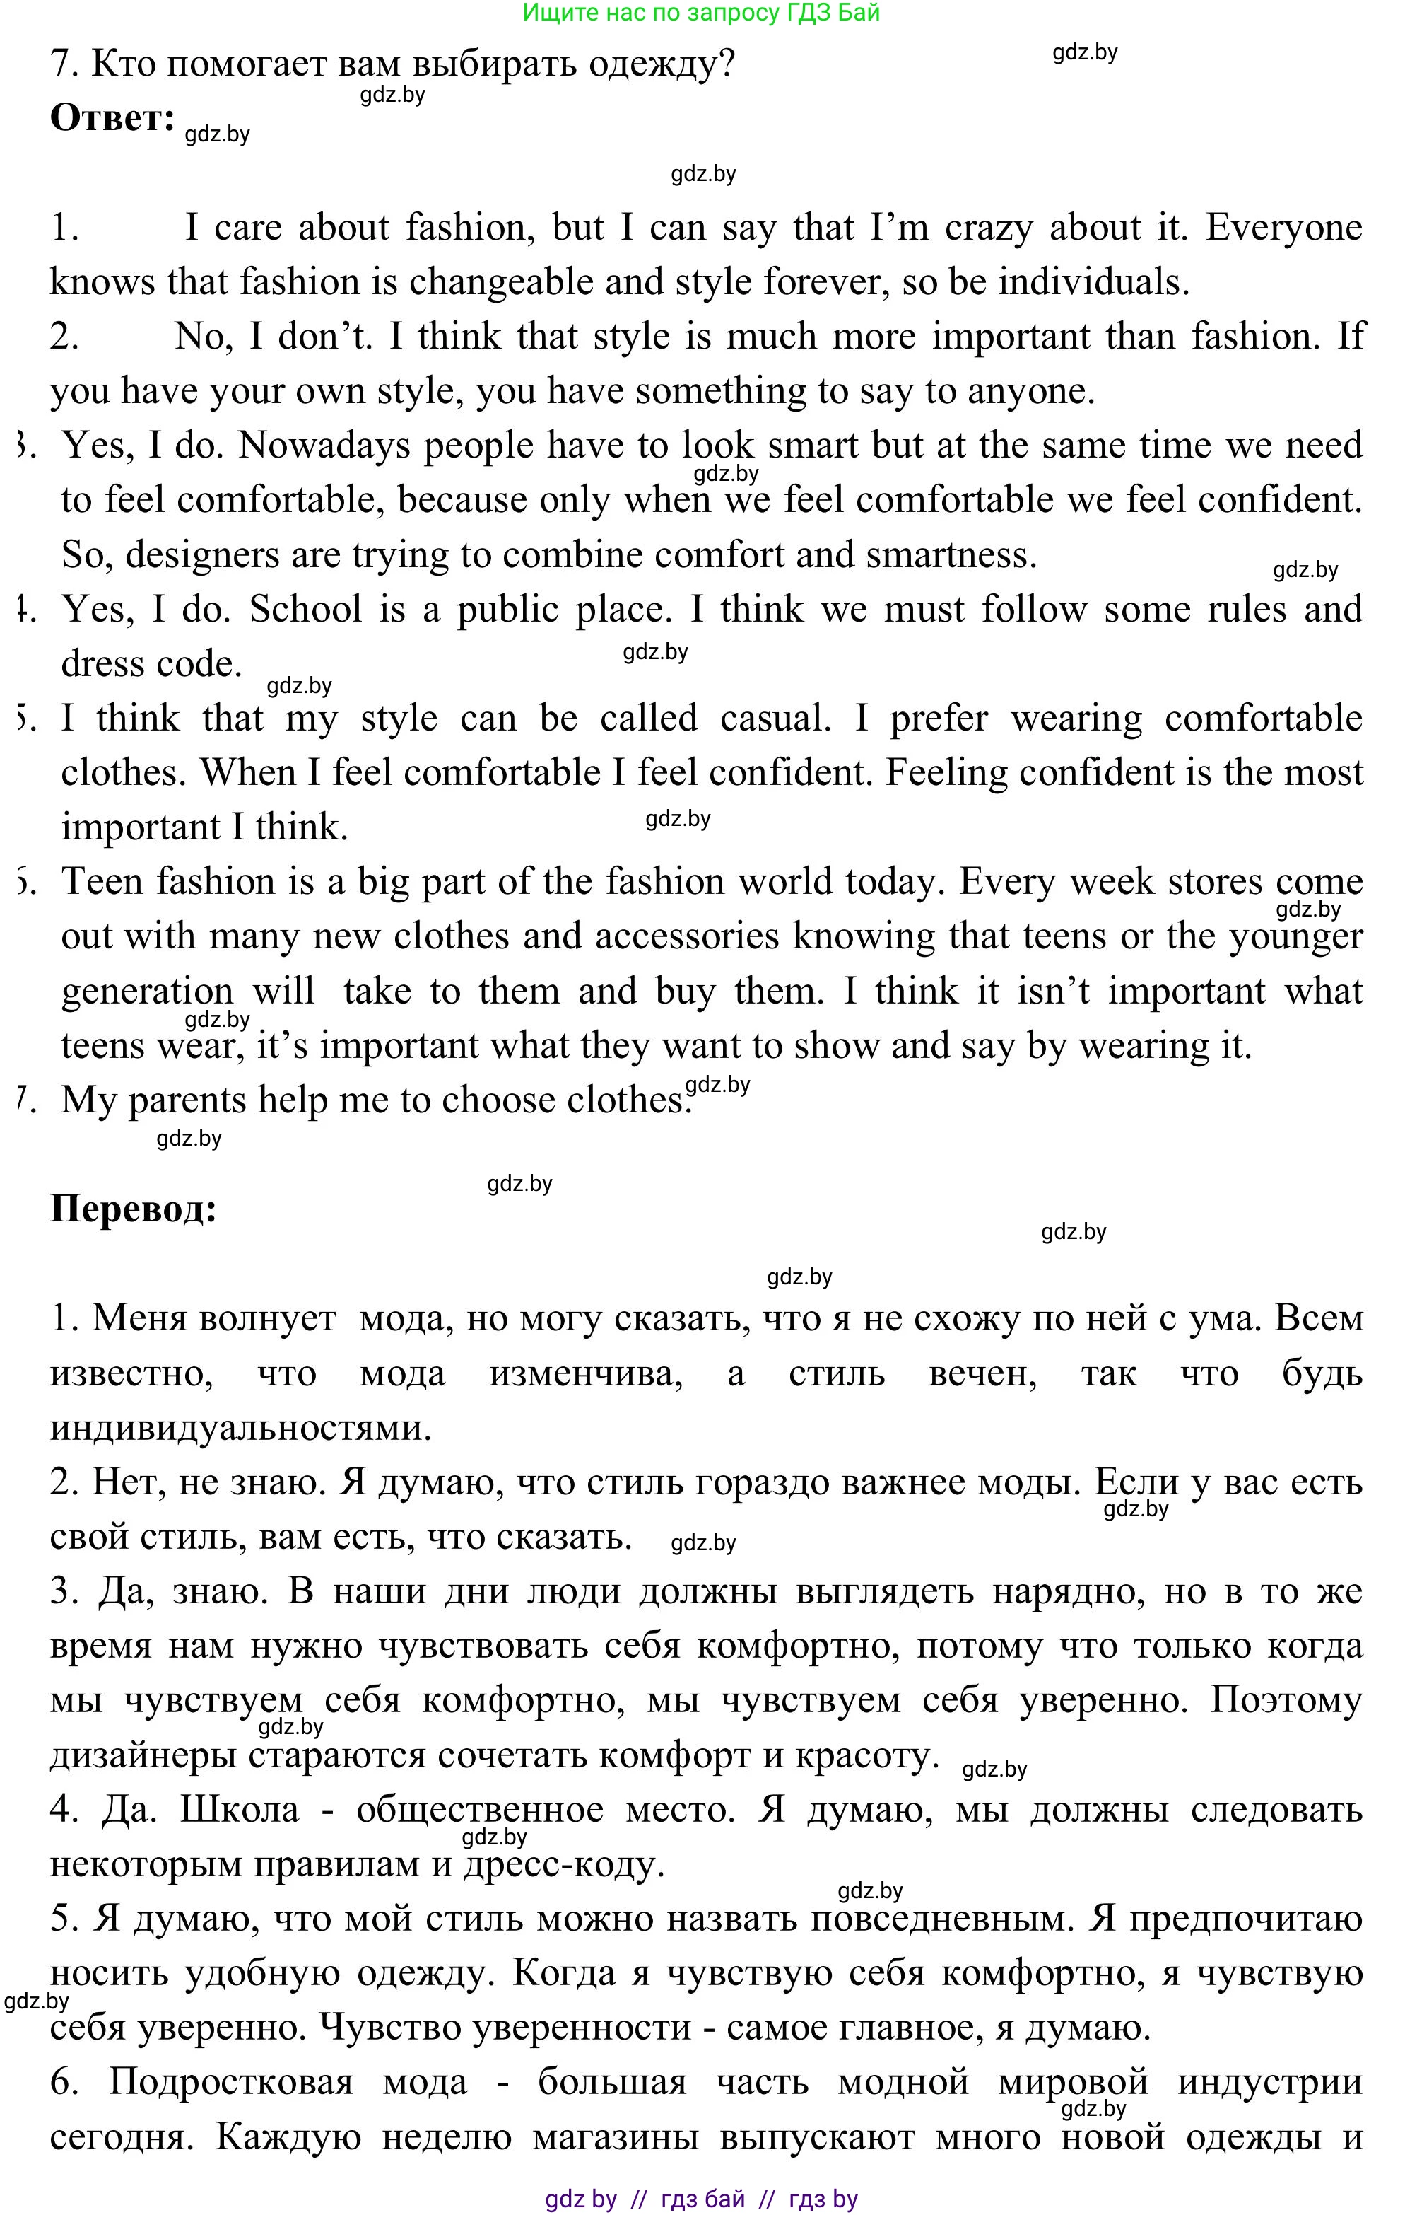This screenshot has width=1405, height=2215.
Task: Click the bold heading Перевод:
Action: [x=134, y=1208]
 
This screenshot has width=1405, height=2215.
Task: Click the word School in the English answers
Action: [x=305, y=609]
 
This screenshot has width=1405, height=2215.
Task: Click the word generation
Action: [x=147, y=992]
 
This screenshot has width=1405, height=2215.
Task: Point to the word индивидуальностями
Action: [x=240, y=1428]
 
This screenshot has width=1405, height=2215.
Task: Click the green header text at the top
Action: [x=700, y=12]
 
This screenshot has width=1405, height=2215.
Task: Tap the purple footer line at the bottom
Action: [x=700, y=2199]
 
